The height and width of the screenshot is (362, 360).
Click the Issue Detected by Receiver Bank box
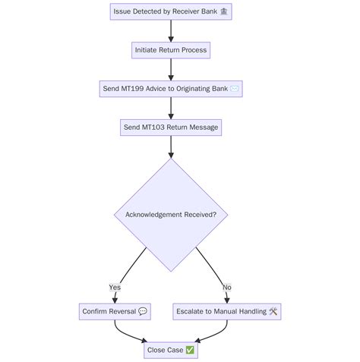(x=171, y=11)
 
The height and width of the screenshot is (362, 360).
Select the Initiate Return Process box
(x=171, y=50)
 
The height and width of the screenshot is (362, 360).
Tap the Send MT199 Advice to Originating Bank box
(x=171, y=89)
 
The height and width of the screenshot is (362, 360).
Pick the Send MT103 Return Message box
(x=171, y=127)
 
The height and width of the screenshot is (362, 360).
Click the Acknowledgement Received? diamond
(x=171, y=215)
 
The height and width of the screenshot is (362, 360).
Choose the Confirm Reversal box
(x=115, y=311)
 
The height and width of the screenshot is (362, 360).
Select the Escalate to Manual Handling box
(x=227, y=311)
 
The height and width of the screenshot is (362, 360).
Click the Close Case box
(x=171, y=350)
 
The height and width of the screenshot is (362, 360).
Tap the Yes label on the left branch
(x=115, y=287)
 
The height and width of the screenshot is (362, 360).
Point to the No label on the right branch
(x=227, y=287)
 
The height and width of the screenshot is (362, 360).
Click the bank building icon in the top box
(x=224, y=11)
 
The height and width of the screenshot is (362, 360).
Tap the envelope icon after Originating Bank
(x=235, y=89)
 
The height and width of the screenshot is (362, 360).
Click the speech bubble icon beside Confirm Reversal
(x=143, y=311)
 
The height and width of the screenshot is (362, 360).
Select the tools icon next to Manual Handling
(x=273, y=311)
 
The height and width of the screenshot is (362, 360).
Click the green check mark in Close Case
(x=190, y=350)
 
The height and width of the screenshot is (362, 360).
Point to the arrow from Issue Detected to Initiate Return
(x=171, y=30)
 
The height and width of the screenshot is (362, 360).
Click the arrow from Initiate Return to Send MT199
(x=171, y=69)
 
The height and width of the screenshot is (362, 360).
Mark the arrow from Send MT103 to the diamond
(x=171, y=146)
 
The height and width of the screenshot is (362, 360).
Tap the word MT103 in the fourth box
(x=154, y=127)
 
